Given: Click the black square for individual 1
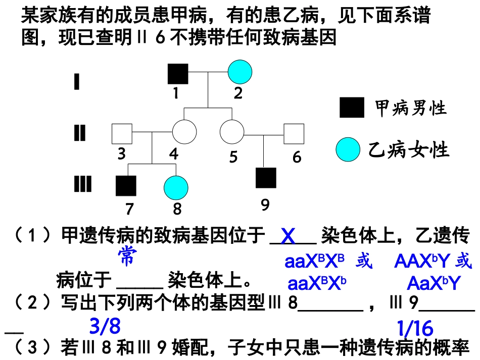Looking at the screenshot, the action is tap(178, 74).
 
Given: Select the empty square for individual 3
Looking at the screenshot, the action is tap(122, 133).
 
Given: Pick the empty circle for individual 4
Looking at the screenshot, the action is tap(184, 132).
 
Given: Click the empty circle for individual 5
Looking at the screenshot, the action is tap(232, 132).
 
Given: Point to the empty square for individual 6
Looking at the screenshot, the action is tap(294, 134).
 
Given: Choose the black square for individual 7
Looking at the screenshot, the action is tap(126, 186).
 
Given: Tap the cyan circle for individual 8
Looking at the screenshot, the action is tap(176, 187).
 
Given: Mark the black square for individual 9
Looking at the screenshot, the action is tap(266, 178).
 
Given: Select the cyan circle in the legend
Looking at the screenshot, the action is tap(349, 150).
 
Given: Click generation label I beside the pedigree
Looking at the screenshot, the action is tap(77, 81).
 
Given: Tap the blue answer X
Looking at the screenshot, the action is tap(288, 236).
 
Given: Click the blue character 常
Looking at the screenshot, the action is tap(126, 256).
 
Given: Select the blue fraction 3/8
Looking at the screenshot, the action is tap(105, 327).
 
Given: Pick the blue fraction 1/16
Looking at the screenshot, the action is tap(415, 329).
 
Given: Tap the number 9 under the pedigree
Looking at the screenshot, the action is tap(265, 204).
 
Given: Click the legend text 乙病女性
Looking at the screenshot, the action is tap(409, 150).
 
